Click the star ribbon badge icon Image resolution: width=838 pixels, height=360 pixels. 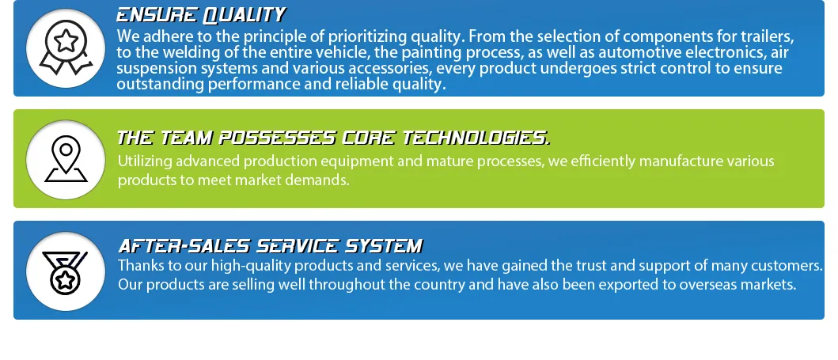coord(65,47)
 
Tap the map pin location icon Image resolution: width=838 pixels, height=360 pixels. coord(66,159)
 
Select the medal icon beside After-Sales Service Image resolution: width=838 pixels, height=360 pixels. coord(65,271)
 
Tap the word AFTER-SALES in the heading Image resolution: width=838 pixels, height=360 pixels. coord(176,246)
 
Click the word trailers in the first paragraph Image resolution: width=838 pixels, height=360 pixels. coord(767,36)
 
